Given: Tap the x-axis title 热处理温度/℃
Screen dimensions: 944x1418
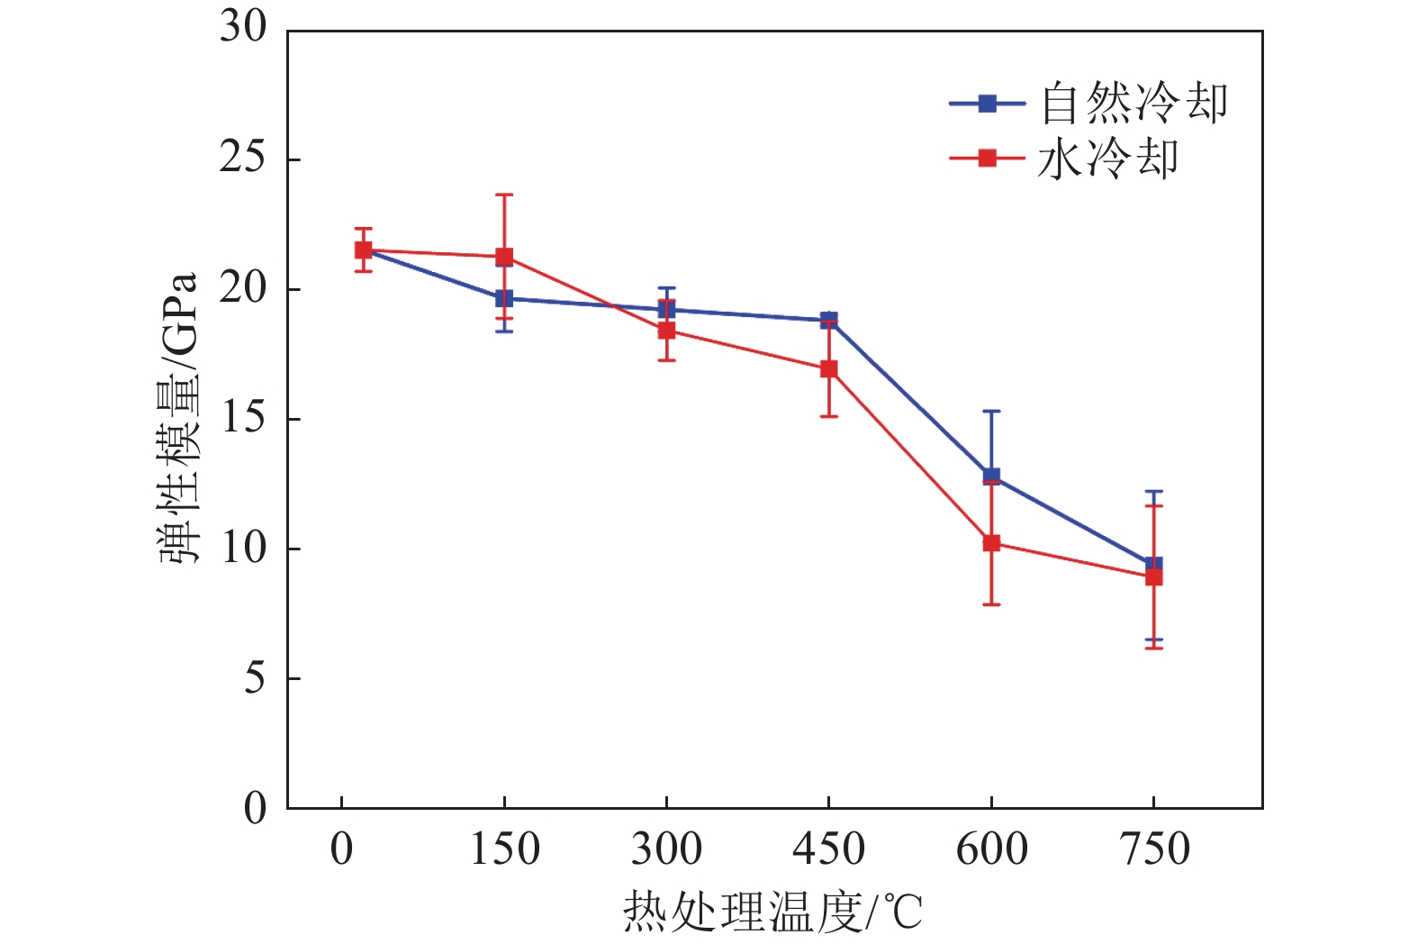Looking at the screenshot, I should click(x=772, y=912).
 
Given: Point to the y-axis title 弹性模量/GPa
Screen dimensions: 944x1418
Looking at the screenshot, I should click(x=178, y=417).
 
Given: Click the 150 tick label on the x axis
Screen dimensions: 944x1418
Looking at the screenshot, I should click(x=504, y=849).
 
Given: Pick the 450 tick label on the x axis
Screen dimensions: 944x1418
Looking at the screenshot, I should click(x=828, y=849).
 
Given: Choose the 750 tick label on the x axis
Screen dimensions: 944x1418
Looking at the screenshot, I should click(x=1154, y=849).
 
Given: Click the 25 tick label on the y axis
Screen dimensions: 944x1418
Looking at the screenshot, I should click(x=243, y=159).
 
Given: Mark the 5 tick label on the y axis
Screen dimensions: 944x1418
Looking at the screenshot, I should click(x=255, y=678).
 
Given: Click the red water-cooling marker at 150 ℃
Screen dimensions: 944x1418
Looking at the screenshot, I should click(x=504, y=257).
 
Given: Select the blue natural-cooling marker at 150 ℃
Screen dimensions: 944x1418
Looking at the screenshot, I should click(x=504, y=298).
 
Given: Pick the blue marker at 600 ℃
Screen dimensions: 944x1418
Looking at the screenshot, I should click(x=991, y=476).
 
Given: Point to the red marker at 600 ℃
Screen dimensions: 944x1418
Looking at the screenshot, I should click(x=991, y=543).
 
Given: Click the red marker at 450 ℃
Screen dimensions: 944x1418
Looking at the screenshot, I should click(x=828, y=369).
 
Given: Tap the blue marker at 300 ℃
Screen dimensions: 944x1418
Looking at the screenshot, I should click(x=666, y=309).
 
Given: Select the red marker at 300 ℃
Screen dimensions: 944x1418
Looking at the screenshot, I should click(x=666, y=331).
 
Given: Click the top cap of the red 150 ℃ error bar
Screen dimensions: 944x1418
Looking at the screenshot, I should click(x=504, y=195).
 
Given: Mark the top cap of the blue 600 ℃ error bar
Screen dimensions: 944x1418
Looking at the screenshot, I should click(x=991, y=411).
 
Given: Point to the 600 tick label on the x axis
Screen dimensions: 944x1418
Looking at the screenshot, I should click(x=991, y=849).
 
